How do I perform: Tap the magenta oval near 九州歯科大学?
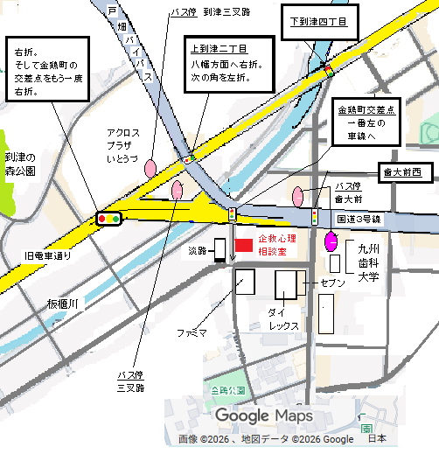332,241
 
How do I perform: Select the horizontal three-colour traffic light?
109,218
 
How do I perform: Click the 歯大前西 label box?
401,172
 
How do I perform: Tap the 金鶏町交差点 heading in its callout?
366,111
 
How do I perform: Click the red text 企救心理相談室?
277,244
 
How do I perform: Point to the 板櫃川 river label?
64,304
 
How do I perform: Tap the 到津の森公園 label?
19,164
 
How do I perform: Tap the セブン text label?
332,284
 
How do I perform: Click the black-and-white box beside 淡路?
220,249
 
